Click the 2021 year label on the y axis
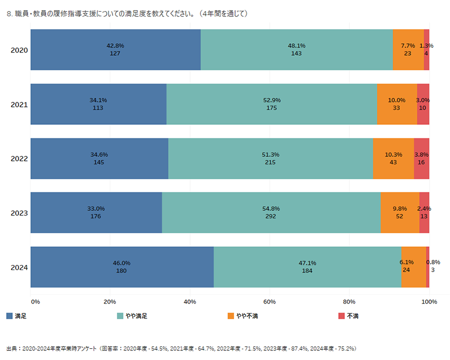(19, 104)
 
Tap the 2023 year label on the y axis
(19, 213)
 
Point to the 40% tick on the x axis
(190, 302)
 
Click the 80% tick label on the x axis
(349, 302)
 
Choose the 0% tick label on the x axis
(35, 302)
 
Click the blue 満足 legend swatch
(9, 316)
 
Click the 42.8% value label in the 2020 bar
(115, 46)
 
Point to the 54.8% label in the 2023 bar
(272, 209)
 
